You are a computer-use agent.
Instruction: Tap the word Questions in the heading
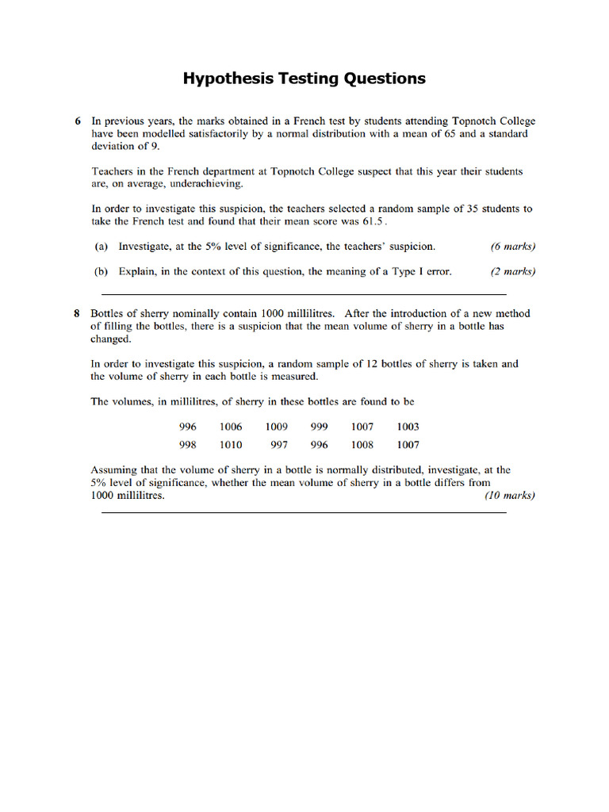point(385,79)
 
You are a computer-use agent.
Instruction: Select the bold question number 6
point(78,121)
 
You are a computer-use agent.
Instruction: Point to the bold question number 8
point(78,313)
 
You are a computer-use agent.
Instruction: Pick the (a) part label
point(101,247)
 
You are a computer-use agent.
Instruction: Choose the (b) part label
point(101,271)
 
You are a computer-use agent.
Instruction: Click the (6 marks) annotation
point(513,247)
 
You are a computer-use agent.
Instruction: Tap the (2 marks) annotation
point(513,271)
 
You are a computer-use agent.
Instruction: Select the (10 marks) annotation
point(510,496)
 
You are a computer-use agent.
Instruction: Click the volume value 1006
point(231,427)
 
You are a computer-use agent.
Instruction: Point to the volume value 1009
point(277,427)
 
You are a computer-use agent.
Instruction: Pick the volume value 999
point(319,427)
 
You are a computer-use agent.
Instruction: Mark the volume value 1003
point(408,427)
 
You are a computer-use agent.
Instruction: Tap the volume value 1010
point(231,445)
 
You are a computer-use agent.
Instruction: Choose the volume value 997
point(279,445)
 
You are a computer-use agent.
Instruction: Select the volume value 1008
point(362,445)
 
